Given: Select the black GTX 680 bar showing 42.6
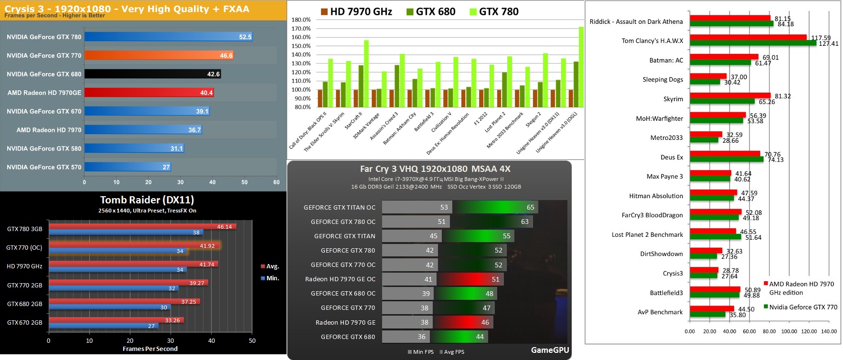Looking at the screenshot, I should coord(152,74).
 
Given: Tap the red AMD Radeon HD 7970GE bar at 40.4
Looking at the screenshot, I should coord(149,93).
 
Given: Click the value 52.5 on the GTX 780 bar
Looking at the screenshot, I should coord(245,37).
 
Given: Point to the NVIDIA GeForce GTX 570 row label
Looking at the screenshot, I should coord(44,167).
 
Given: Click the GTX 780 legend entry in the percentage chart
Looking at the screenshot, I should coord(494,11).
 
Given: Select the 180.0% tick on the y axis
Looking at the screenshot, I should coord(301,20).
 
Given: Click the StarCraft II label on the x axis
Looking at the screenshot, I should coord(354,124).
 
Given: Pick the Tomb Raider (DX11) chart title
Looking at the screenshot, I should coord(147,200).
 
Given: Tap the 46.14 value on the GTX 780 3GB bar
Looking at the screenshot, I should coord(224,227).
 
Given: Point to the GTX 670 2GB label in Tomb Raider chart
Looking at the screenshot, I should coord(24,323).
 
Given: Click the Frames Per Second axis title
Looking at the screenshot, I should coord(150,349).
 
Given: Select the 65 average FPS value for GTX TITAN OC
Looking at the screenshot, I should coord(530,207).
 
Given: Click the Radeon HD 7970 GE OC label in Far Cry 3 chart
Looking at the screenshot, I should coord(340,279).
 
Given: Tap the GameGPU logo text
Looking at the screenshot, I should coord(550,350).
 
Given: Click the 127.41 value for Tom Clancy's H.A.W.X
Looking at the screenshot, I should coord(828,44).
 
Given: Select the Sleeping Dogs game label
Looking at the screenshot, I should coord(662,80).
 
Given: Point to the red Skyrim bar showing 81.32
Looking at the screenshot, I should coord(730,96).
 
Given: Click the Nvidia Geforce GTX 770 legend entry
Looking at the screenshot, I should coord(802,307).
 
